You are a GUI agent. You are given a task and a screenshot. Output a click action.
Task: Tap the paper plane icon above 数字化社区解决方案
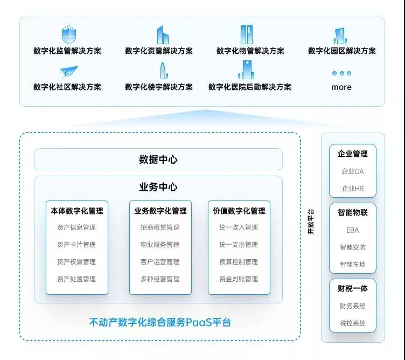click(68, 71)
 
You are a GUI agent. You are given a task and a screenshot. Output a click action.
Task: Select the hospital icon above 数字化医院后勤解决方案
click(246, 70)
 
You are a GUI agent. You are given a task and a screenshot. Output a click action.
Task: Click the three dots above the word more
click(341, 73)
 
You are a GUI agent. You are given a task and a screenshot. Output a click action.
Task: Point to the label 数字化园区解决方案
click(341, 51)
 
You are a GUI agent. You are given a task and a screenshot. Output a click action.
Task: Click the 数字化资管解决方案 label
click(158, 51)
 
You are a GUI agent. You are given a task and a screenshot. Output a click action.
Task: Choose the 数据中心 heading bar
click(158, 160)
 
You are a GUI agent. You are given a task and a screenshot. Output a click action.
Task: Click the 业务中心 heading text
click(158, 188)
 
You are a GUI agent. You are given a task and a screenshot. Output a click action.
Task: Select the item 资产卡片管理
click(76, 245)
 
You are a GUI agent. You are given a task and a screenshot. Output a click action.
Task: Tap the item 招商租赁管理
click(160, 227)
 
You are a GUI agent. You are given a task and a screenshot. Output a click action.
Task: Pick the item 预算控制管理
click(239, 262)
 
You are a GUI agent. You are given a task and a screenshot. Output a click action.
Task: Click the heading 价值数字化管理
click(239, 211)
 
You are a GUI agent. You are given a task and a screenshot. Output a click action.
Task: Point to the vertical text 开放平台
click(310, 221)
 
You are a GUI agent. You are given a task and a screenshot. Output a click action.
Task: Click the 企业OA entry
click(353, 171)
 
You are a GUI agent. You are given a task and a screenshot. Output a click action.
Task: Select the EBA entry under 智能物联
click(353, 230)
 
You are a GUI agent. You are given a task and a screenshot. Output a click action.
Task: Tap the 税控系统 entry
click(353, 323)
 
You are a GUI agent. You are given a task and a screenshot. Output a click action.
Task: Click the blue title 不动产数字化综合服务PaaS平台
click(160, 323)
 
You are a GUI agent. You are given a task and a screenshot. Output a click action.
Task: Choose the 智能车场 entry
click(353, 265)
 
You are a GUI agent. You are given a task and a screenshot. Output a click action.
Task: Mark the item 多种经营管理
click(160, 279)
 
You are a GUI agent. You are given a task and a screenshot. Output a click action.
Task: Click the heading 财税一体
click(353, 288)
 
